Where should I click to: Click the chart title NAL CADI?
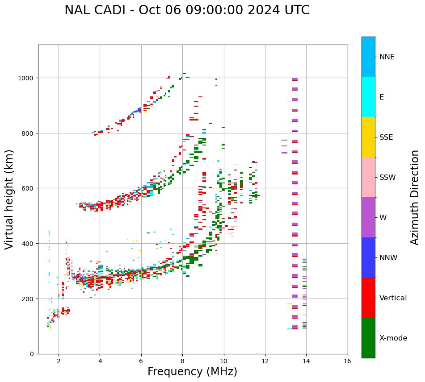pyautogui.click(x=187, y=10)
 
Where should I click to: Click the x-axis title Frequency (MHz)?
pyautogui.click(x=192, y=372)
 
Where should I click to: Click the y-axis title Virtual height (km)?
pyautogui.click(x=9, y=199)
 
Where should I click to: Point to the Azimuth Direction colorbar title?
pyautogui.click(x=415, y=197)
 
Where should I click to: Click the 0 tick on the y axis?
pyautogui.click(x=33, y=354)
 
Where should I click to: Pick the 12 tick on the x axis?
pyautogui.click(x=265, y=361)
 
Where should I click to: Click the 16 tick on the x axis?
pyautogui.click(x=347, y=361)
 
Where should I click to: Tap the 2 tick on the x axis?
pyautogui.click(x=59, y=361)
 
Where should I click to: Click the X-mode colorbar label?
pyautogui.click(x=393, y=338)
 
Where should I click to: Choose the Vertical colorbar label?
pyautogui.click(x=393, y=298)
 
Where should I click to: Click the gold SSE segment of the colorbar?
pyautogui.click(x=368, y=137)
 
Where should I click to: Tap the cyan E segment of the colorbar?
pyautogui.click(x=368, y=97)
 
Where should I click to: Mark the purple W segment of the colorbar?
pyautogui.click(x=368, y=217)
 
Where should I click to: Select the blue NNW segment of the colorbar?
pyautogui.click(x=368, y=257)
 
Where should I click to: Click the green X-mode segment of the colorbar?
pyautogui.click(x=368, y=338)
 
